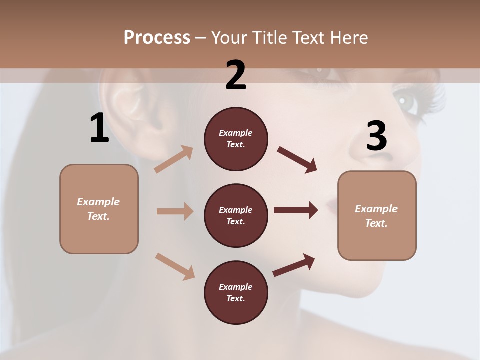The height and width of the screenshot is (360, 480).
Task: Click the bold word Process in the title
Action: click(157, 37)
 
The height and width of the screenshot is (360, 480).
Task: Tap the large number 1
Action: click(99, 128)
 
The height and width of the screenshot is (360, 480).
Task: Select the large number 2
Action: click(236, 75)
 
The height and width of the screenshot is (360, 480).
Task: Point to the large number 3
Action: click(376, 136)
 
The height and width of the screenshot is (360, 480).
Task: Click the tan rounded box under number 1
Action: click(99, 209)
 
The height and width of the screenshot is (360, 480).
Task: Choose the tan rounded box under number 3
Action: click(377, 215)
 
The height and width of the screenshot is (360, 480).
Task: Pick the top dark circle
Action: click(236, 139)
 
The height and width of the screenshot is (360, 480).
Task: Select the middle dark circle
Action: click(236, 215)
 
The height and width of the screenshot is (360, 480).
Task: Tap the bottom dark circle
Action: click(236, 292)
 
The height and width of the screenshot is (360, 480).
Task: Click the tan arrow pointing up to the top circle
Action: click(174, 159)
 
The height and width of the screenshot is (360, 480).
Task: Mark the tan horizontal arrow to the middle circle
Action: click(174, 211)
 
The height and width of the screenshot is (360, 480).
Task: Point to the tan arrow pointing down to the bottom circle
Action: click(175, 266)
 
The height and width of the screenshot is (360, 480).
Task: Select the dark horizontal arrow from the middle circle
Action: click(295, 210)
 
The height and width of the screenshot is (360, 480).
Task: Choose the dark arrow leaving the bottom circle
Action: click(294, 265)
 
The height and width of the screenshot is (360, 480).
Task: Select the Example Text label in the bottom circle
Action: click(236, 292)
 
